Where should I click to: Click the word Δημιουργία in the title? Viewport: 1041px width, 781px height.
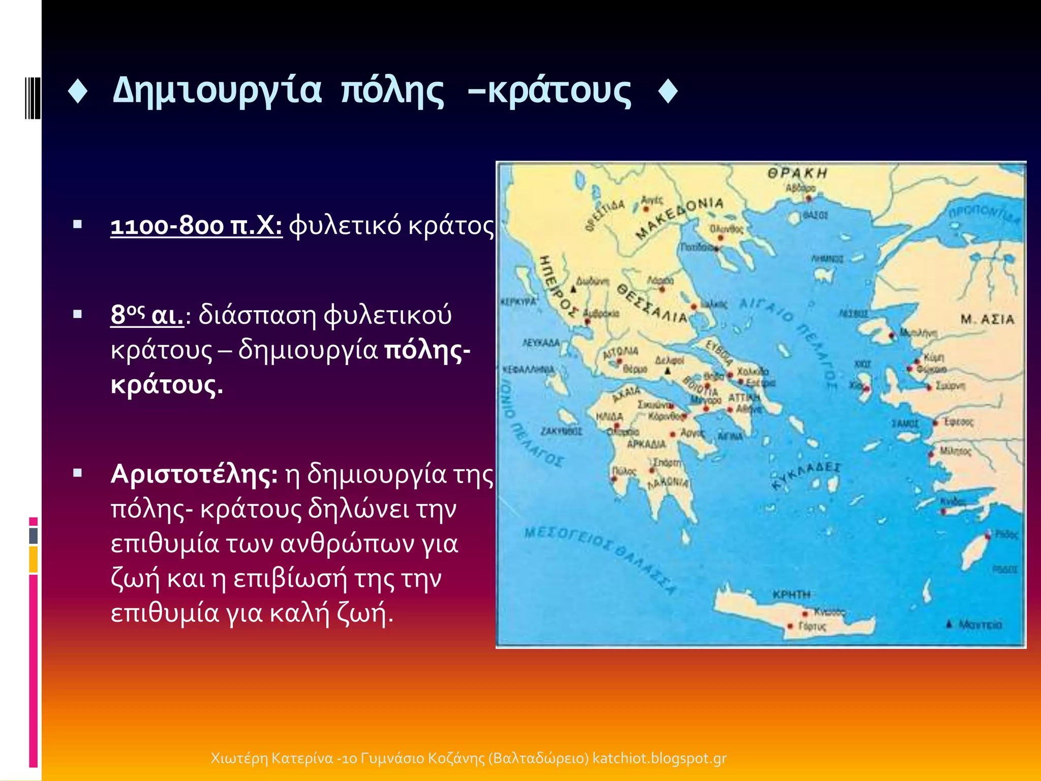(217, 91)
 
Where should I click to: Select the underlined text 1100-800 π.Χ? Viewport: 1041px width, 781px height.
(196, 226)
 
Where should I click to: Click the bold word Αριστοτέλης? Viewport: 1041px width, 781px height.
(194, 474)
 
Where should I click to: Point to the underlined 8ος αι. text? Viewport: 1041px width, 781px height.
(147, 315)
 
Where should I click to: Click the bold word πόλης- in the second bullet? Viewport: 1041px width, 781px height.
(427, 350)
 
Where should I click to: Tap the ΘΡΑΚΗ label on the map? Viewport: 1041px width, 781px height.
(797, 173)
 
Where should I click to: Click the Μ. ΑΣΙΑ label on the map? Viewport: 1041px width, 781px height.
(987, 319)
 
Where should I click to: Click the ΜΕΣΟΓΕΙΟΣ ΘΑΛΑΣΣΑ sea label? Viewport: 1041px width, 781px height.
(600, 559)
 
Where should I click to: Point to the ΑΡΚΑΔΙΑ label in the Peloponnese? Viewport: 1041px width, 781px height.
(646, 444)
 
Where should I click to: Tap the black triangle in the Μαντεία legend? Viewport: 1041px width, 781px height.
(948, 624)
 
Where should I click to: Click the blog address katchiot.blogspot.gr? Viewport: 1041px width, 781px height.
(659, 758)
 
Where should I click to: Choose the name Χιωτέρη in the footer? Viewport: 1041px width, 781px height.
(239, 758)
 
